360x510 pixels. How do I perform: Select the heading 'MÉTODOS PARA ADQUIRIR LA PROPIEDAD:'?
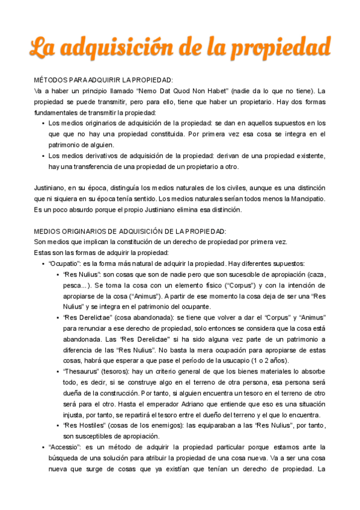[x=103, y=80]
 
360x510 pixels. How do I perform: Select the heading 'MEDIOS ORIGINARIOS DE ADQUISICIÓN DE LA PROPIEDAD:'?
[x=130, y=232]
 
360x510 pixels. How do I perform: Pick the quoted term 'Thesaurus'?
[x=81, y=371]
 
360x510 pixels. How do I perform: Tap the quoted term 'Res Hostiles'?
[x=84, y=425]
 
